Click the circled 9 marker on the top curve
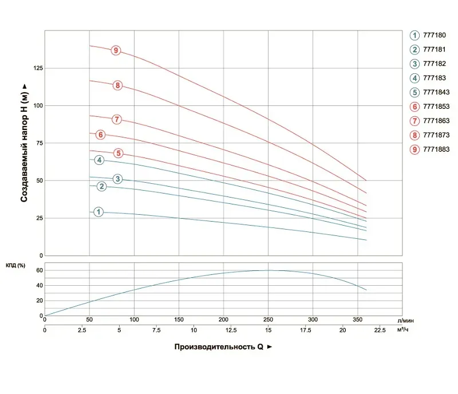(x=116, y=51)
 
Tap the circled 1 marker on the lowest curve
(x=98, y=212)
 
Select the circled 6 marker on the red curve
(x=101, y=135)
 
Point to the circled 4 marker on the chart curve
(x=100, y=160)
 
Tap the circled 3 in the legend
(x=414, y=64)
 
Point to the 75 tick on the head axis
(x=37, y=143)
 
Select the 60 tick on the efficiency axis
(x=40, y=270)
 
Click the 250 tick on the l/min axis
(x=268, y=319)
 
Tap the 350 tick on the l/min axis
(x=357, y=319)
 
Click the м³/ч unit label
(x=404, y=329)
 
